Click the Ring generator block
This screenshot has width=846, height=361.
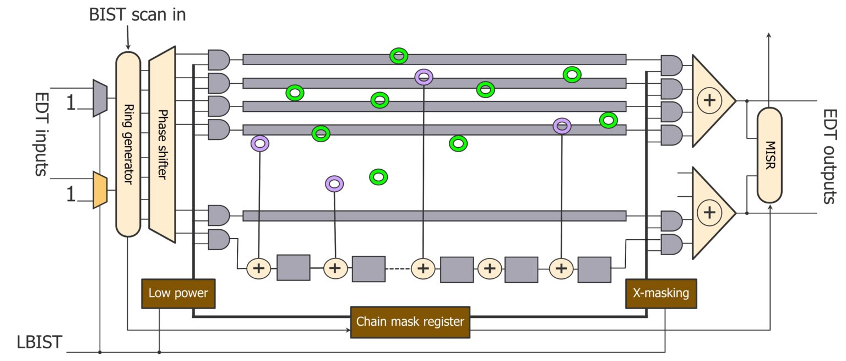pos(128,144)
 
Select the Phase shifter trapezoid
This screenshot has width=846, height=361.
pos(162,144)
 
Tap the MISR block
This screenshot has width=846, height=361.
pos(769,155)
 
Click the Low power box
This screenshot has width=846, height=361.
pos(178,293)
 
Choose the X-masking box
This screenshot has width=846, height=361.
pos(661,293)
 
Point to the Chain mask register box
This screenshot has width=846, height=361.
pos(410,322)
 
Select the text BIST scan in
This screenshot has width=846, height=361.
pos(137,14)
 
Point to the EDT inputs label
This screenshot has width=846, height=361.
pos(40,134)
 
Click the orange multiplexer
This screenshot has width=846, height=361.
pos(100,190)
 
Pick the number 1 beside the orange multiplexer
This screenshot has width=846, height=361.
pos(71,195)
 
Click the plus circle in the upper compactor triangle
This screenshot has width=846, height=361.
pos(709,100)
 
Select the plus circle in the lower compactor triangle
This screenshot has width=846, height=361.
pos(709,213)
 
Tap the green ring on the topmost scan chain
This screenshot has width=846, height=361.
pos(399,56)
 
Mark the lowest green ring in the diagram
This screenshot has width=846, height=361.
pos(378,177)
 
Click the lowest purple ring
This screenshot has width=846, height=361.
pos(334,184)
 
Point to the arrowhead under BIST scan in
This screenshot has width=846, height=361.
pos(128,46)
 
